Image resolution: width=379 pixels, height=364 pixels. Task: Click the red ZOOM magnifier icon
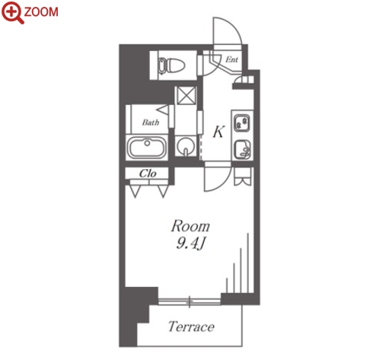13,12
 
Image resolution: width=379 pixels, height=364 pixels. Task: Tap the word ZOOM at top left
41,12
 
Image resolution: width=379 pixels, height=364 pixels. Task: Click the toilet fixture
170,65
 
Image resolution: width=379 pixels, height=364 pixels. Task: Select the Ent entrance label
232,59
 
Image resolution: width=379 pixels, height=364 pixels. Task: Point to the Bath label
151,123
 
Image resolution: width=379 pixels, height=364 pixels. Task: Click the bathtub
147,148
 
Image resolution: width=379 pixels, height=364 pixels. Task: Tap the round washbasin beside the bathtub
186,146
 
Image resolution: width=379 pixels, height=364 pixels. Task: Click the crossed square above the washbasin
186,96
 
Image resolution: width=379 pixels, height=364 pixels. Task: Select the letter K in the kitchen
218,132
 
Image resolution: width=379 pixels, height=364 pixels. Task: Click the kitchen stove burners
242,123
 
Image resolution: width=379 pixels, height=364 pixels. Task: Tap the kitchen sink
242,149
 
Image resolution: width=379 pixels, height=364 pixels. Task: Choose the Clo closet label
148,174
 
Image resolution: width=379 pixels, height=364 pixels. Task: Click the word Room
190,227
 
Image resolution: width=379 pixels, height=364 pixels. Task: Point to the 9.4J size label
190,244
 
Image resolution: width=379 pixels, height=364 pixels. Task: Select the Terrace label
191,327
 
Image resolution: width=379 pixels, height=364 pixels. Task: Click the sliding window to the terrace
189,302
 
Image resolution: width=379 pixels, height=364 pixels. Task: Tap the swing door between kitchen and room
218,177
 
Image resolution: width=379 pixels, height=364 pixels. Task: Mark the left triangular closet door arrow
135,191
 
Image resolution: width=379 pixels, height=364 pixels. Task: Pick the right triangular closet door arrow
163,191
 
